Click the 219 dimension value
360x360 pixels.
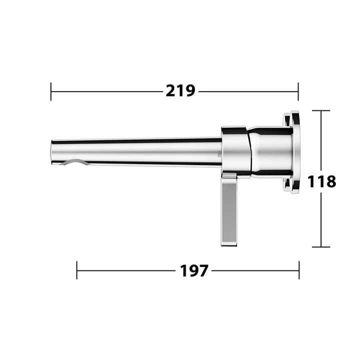click(x=180, y=91)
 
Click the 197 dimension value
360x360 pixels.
click(x=194, y=270)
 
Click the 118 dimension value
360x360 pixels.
click(x=321, y=181)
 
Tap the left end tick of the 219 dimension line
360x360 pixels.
click(x=51, y=91)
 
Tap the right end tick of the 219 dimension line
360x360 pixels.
click(x=298, y=91)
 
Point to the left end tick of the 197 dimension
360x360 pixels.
click(x=76, y=270)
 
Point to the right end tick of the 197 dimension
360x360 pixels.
click(x=299, y=270)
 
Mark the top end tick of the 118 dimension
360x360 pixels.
click(x=321, y=110)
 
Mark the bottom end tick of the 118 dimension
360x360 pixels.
click(x=321, y=247)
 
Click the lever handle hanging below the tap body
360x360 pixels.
click(x=229, y=210)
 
